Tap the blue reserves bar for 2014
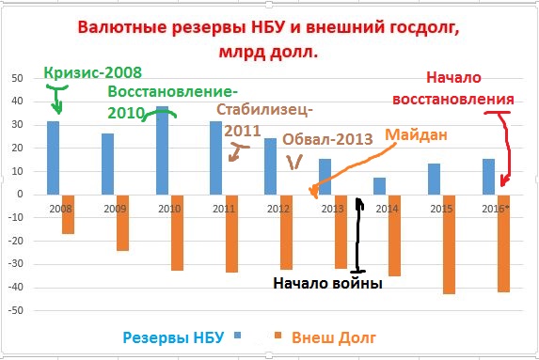pos(379,185)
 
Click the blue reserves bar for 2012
pos(270,165)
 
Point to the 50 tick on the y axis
pos(16,78)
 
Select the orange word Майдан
pos(415,134)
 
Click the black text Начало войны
pos(327,282)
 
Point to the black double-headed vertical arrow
pos(358,235)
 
